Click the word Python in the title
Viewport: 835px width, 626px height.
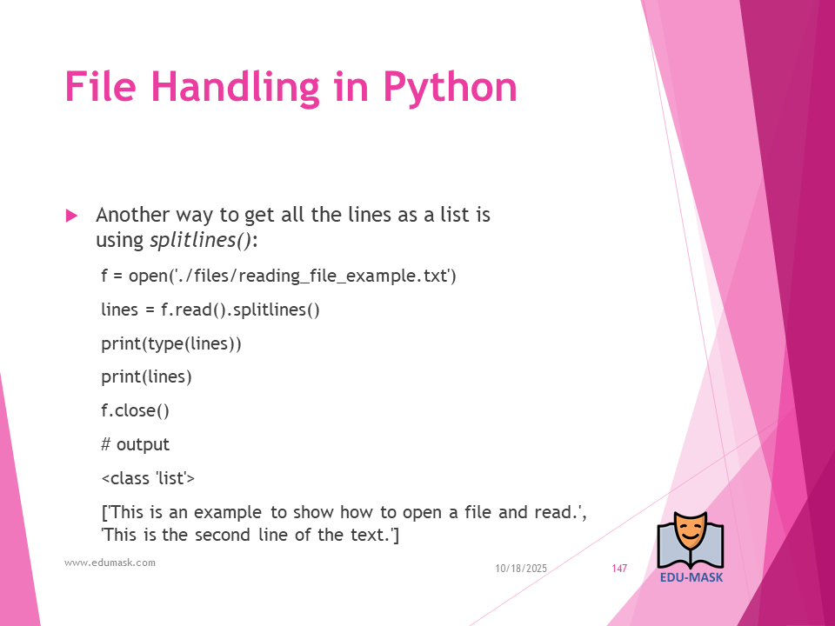(x=450, y=89)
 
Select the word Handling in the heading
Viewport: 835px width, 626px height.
(x=236, y=89)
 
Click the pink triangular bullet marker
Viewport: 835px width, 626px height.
(x=72, y=216)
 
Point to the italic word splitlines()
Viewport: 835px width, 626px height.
(x=200, y=240)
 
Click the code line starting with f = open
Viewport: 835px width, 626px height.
(x=279, y=276)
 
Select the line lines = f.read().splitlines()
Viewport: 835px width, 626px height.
(x=210, y=310)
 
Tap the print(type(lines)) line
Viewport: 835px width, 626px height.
(x=171, y=344)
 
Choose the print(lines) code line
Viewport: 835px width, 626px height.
(x=146, y=376)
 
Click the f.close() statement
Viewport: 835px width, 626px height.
(x=136, y=410)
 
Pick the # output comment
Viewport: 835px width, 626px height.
(x=136, y=444)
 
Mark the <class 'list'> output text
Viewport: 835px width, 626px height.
(x=148, y=478)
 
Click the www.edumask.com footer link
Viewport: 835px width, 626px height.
(x=110, y=563)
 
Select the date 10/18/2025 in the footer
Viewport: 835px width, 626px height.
(x=521, y=569)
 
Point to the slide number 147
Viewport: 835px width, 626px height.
(x=619, y=569)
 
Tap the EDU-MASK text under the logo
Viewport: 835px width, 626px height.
(x=691, y=577)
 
